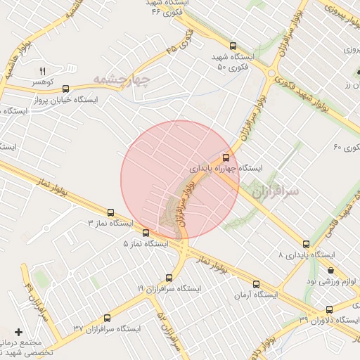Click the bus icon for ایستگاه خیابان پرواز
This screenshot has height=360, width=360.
(66, 89)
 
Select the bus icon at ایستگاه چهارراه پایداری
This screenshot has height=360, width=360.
(226, 157)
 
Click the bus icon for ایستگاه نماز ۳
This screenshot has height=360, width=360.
(110, 212)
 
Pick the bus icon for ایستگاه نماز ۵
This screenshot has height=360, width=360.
(146, 233)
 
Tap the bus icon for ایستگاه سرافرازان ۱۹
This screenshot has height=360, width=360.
(169, 278)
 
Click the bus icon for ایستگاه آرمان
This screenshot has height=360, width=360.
(255, 284)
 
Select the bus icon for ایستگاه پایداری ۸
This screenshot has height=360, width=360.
(305, 244)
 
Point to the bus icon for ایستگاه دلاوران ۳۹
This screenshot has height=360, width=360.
(329, 310)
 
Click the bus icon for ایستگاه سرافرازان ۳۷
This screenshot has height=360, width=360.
(107, 318)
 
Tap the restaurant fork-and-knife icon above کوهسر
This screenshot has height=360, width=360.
(41, 71)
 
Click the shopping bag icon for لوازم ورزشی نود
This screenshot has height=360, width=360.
(330, 270)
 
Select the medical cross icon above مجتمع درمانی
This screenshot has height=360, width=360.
(18, 332)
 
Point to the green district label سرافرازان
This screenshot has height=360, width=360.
(276, 191)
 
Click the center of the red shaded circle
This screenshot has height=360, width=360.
(180, 180)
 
